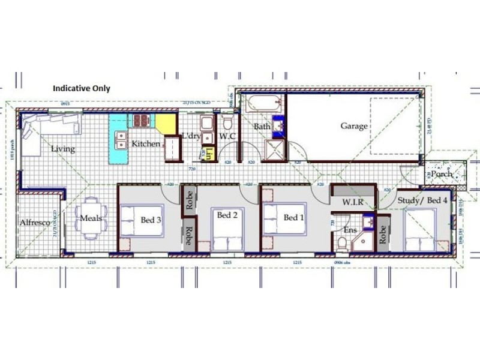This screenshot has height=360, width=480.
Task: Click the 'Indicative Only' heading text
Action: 82,88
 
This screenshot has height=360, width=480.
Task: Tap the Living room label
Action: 63,149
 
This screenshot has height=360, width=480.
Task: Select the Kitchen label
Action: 146,144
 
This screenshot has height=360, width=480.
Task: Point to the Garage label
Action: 354,126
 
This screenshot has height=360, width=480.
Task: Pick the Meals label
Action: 91,218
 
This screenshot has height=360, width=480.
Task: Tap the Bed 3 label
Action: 151,220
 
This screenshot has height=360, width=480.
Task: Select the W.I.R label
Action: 353,202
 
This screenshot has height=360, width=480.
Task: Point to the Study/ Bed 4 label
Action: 422,200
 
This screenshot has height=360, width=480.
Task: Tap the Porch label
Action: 442,174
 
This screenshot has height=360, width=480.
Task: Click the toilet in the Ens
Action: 341,243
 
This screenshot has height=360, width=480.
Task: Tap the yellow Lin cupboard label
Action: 209,155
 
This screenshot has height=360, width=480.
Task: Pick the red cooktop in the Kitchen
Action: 141,121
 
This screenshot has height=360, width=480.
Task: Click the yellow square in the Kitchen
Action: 166,124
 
